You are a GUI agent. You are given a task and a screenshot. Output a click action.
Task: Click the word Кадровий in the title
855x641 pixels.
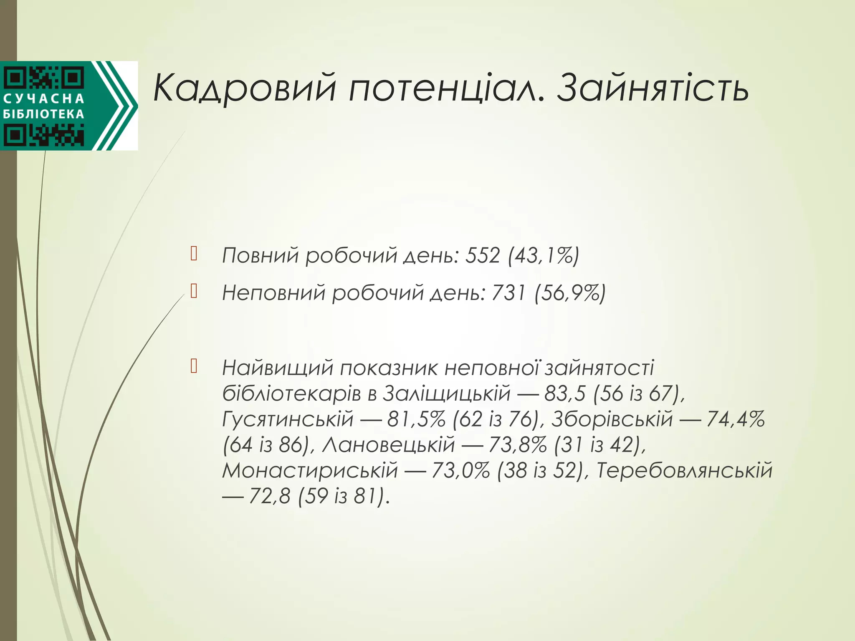[244, 88]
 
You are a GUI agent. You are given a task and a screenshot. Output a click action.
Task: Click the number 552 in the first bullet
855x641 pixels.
[483, 255]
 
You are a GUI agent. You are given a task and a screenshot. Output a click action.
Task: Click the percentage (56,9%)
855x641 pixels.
[570, 293]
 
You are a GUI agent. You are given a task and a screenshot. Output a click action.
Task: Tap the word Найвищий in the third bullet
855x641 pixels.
[278, 368]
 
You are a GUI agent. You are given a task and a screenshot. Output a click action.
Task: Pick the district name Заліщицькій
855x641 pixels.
[447, 394]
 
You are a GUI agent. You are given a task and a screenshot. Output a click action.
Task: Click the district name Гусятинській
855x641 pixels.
[288, 419]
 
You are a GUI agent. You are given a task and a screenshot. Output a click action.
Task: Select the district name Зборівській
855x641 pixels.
[612, 419]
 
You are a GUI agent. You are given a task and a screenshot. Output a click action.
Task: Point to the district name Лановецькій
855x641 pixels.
[389, 444]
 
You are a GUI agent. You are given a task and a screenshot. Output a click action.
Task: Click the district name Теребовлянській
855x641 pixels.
[684, 470]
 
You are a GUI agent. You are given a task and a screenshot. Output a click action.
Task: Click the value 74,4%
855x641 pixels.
[736, 419]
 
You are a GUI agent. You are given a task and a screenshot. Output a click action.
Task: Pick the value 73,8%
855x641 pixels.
[517, 444]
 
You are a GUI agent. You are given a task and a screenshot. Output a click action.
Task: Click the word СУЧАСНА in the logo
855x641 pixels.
[44, 99]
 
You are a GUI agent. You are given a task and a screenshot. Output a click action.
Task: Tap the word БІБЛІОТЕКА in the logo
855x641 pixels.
[44, 114]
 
